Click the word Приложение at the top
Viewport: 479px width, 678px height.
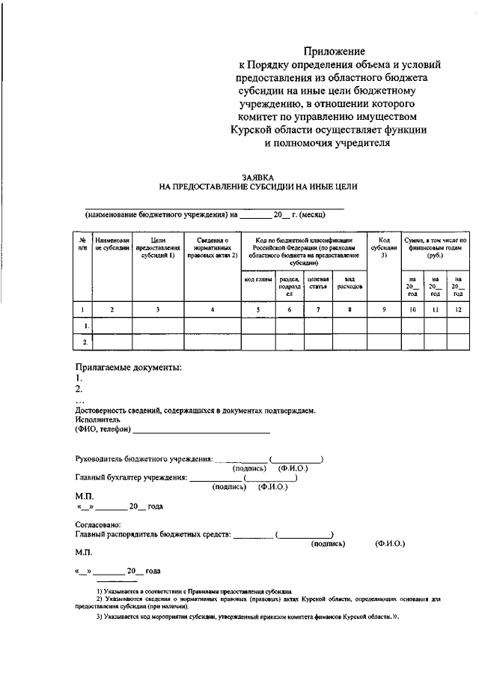click(x=335, y=52)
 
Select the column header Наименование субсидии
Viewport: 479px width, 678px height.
click(x=113, y=243)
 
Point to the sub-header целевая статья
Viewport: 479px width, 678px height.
click(x=318, y=282)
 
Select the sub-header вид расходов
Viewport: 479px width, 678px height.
click(x=350, y=282)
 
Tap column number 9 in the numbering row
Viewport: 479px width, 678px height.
click(x=384, y=309)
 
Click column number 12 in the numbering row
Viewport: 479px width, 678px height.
click(x=458, y=309)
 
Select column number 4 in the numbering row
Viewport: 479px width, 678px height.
click(x=213, y=309)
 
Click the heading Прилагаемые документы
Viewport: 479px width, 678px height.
click(x=129, y=368)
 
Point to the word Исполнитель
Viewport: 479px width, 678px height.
click(x=98, y=420)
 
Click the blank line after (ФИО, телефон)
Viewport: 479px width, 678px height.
click(x=201, y=431)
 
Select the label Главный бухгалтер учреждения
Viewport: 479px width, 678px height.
click(x=131, y=477)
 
